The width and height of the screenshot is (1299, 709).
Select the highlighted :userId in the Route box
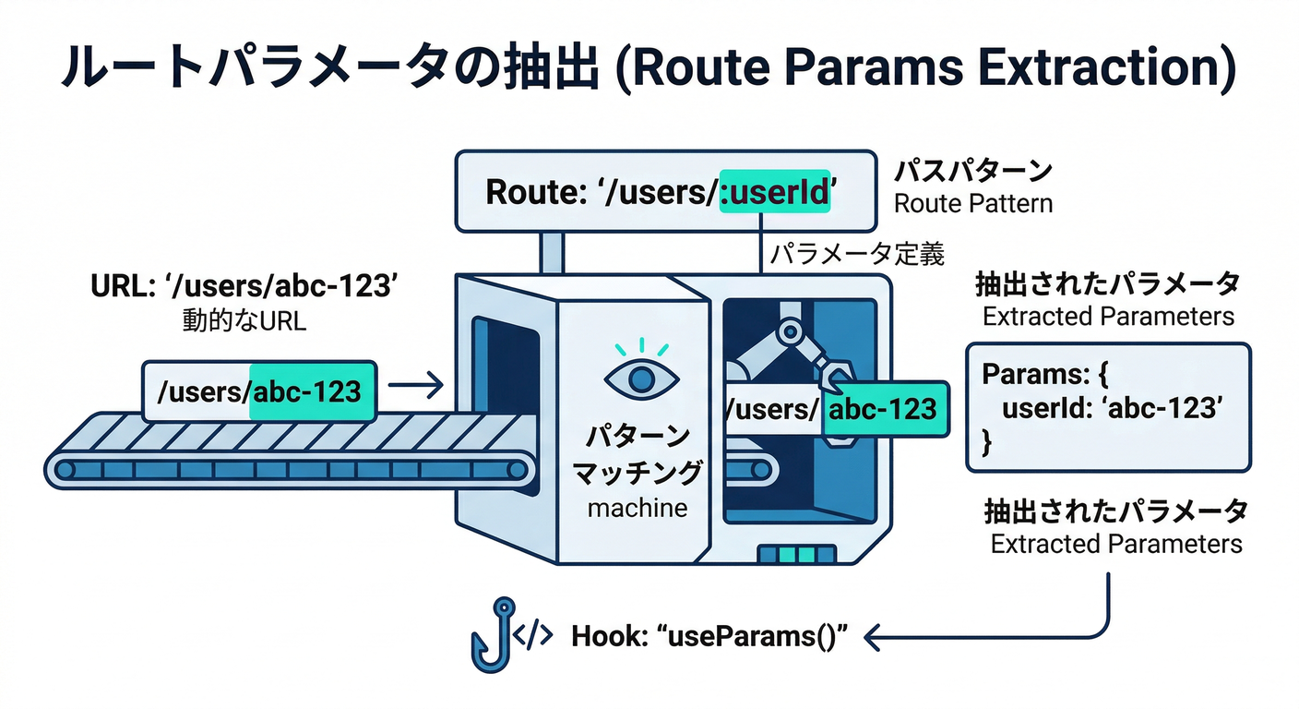tap(774, 194)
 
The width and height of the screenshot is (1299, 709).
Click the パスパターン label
tap(972, 171)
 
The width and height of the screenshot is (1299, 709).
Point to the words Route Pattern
tap(972, 202)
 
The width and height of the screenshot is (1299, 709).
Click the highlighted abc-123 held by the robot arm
tap(882, 408)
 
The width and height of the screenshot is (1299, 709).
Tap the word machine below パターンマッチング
tap(638, 507)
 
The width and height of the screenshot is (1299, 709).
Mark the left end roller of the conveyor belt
tap(66, 470)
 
